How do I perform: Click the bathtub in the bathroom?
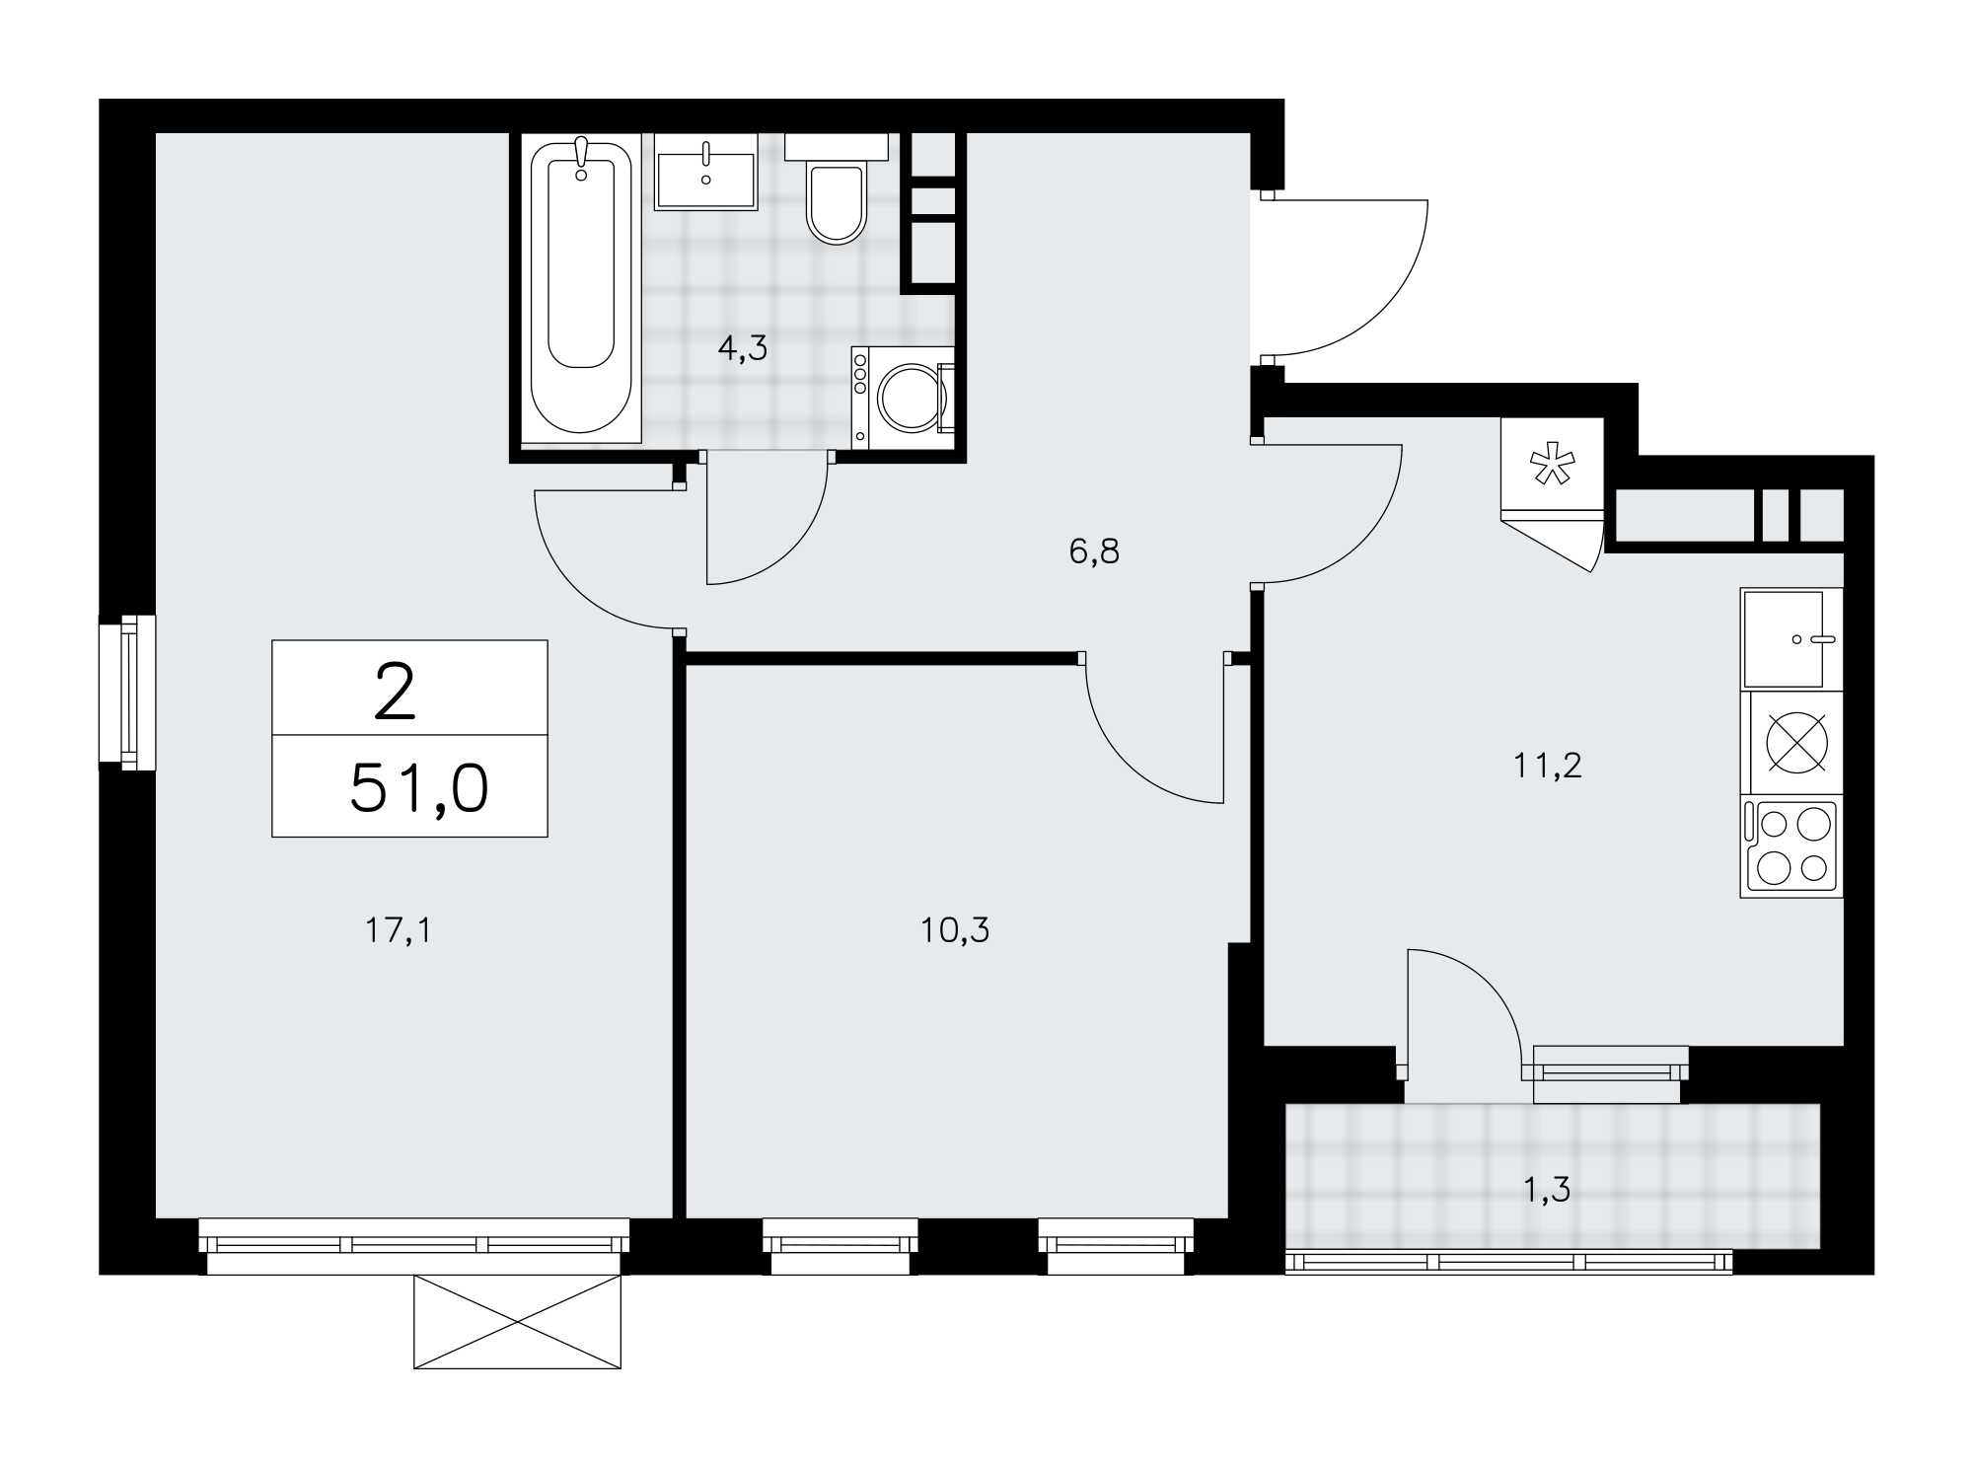click(x=580, y=286)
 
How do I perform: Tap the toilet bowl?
click(x=836, y=202)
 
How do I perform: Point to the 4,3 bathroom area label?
click(x=743, y=348)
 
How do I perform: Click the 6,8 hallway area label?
click(x=1094, y=551)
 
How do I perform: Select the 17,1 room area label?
click(x=398, y=929)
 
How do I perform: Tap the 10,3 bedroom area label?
click(x=955, y=929)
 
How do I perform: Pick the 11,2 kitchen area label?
click(x=1548, y=765)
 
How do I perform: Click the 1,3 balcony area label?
click(x=1546, y=1191)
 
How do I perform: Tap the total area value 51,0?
click(x=419, y=788)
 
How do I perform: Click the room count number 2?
click(x=395, y=692)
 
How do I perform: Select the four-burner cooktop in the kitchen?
click(x=1791, y=847)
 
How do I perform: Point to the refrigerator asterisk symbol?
click(x=1552, y=465)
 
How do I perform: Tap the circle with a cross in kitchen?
click(x=1796, y=742)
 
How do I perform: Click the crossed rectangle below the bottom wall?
click(x=517, y=1321)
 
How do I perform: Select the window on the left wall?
click(x=127, y=690)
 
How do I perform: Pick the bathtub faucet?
click(x=581, y=158)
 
